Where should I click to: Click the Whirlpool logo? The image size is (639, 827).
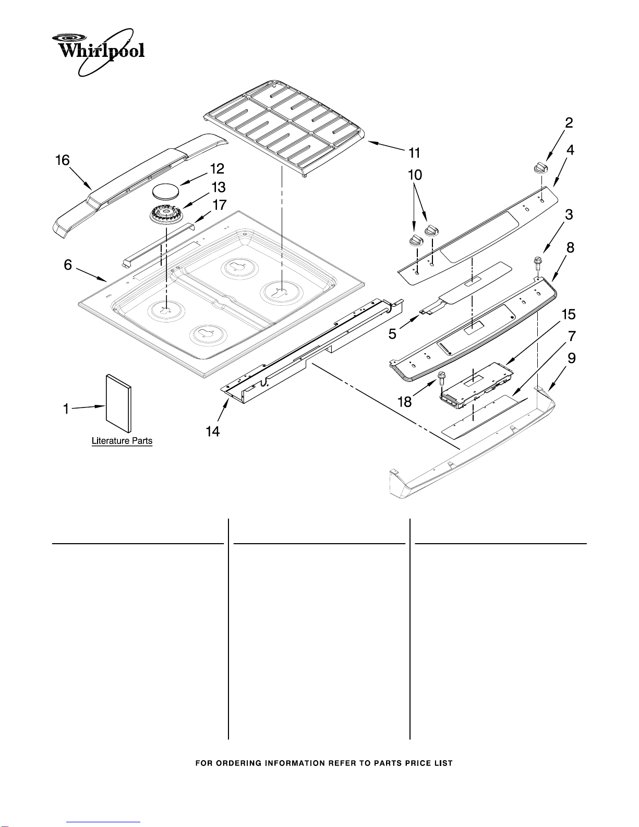98,52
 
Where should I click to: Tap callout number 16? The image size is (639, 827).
63,160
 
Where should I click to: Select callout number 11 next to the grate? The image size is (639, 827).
414,153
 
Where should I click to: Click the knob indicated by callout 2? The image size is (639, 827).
541,167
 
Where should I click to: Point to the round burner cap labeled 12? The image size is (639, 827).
166,191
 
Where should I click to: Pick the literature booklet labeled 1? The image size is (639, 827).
119,404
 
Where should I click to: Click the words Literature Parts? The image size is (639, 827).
122,441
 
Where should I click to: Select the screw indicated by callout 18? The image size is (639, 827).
442,378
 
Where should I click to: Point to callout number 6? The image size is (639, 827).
68,265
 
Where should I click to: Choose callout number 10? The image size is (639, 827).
415,175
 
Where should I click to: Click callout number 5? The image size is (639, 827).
392,334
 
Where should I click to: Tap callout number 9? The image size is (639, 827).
571,358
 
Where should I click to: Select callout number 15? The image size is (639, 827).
569,315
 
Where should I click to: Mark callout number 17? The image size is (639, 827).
220,205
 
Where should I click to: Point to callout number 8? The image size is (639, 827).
570,248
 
